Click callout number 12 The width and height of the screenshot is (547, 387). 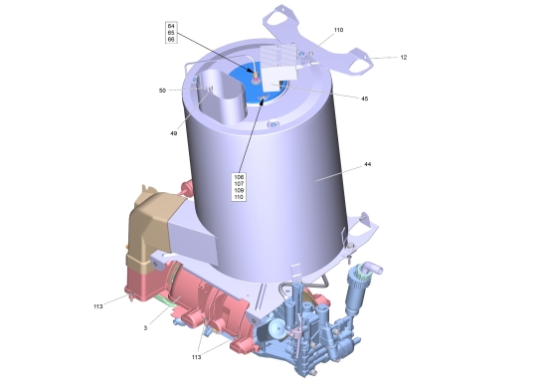pos(404,58)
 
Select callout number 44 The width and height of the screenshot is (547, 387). pos(368,164)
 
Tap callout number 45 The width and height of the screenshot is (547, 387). pos(365,98)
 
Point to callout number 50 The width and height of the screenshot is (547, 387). pos(162,91)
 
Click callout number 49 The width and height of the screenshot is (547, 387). pos(174,133)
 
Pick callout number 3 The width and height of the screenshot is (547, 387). pos(145,328)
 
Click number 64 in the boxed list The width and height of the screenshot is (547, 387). pos(171,26)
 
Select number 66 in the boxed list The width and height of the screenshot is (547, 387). pos(171,40)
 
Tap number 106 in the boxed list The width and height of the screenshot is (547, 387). pos(239,177)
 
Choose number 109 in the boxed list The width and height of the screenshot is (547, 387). pos(239,191)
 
